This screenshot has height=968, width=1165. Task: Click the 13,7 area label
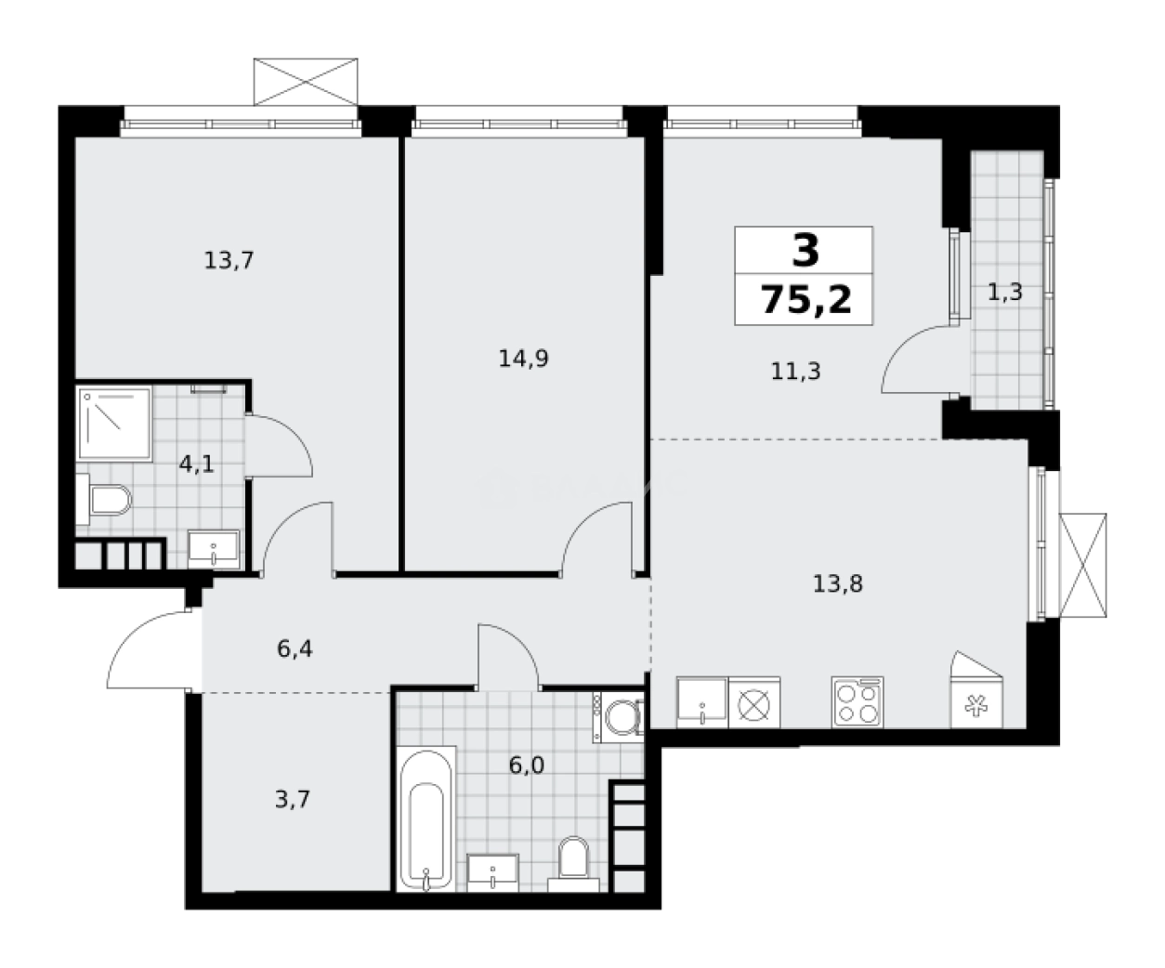229,260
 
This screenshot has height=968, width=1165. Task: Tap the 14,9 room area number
523,358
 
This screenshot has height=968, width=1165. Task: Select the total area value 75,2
805,300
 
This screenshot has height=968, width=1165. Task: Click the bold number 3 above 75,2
805,251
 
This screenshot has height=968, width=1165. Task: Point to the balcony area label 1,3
1004,293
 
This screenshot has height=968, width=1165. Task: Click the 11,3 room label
795,372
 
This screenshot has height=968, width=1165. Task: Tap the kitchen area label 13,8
838,584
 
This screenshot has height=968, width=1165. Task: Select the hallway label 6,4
295,648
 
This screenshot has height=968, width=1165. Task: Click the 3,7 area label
293,798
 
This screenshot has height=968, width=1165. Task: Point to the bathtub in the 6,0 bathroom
427,818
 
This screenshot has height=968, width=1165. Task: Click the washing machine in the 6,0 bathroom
620,717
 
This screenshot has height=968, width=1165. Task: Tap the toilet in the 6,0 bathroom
573,860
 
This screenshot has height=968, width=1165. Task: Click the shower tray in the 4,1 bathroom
114,423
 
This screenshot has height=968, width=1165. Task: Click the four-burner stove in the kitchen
857,702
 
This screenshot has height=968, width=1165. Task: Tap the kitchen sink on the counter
701,702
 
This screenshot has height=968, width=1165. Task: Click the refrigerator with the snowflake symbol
975,704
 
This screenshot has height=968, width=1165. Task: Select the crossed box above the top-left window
307,81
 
